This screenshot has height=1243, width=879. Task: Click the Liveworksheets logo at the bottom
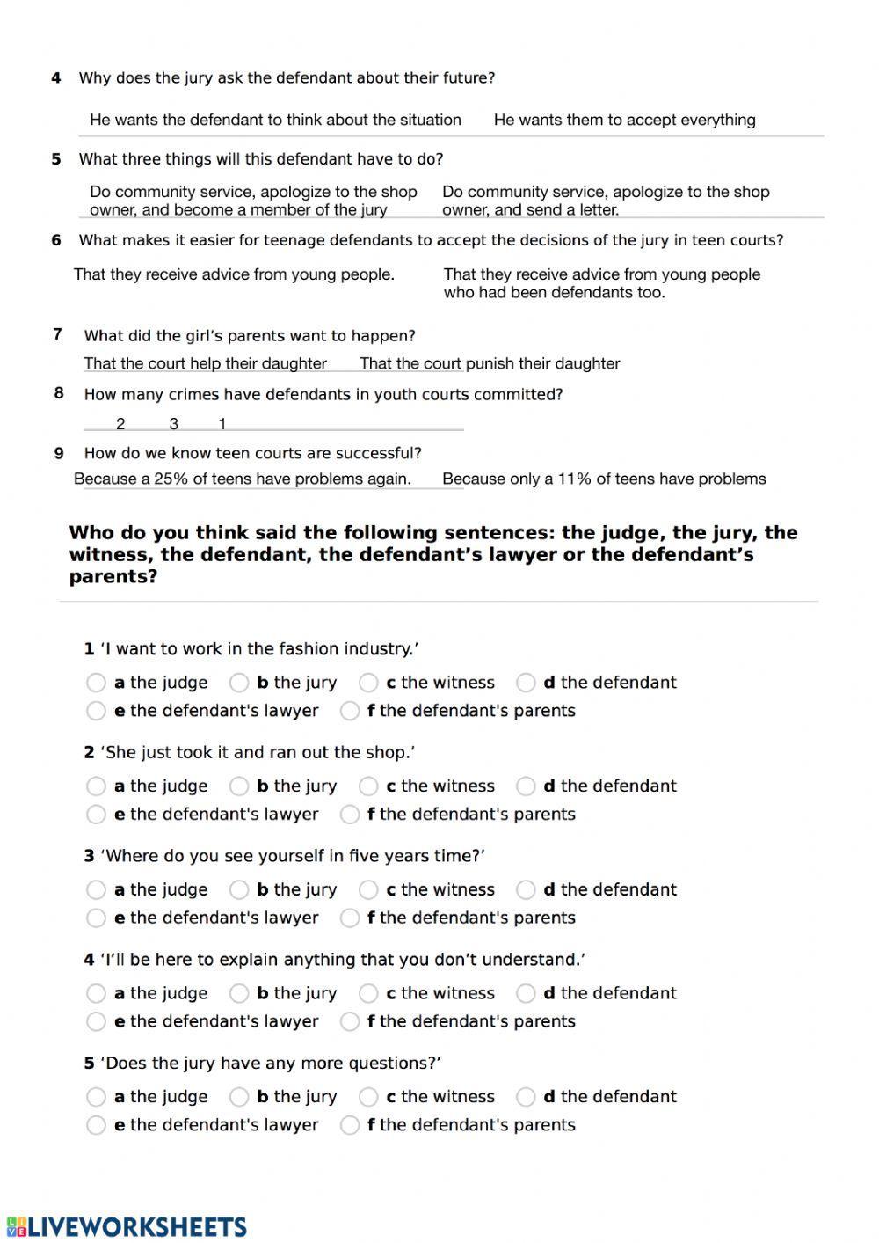point(126,1226)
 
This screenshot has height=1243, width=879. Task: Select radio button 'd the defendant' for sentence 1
point(526,683)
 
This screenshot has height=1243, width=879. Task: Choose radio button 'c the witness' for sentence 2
point(368,786)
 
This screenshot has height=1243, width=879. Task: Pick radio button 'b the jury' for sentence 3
point(239,890)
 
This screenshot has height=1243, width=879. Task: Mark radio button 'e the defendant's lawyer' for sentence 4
point(96,1021)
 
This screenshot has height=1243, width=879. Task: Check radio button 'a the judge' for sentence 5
point(96,1097)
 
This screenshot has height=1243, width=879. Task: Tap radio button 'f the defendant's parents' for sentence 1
point(350,711)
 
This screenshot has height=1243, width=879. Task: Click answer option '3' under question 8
point(173,424)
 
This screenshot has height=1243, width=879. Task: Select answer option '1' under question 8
point(222,424)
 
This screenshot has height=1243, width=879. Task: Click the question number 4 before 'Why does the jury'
point(56,78)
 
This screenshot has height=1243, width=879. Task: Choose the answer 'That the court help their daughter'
point(205,363)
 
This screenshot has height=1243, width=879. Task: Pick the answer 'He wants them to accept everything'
point(624,120)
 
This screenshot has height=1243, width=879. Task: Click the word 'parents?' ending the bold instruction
point(113,577)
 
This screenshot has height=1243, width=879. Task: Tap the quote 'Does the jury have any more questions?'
point(272,1063)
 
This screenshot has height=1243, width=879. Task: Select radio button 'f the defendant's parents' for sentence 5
point(350,1125)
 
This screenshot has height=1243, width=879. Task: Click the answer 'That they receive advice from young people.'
point(234,274)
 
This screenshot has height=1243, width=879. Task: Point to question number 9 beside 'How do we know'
point(59,453)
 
